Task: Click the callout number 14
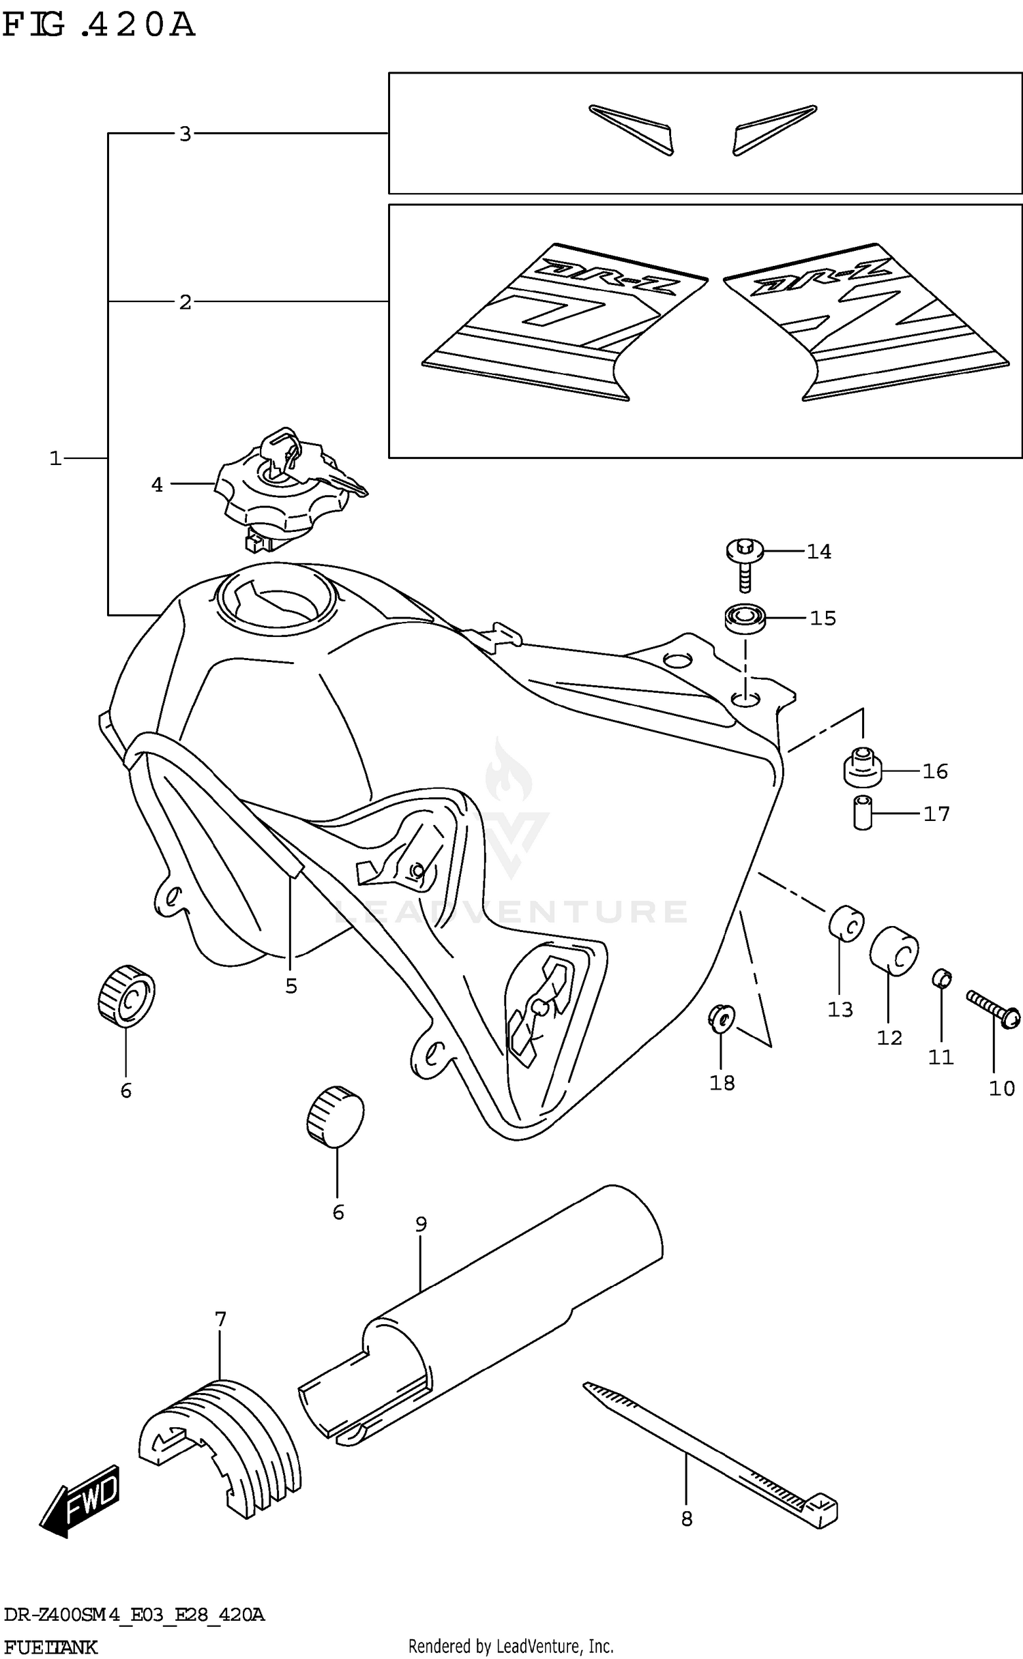point(819,552)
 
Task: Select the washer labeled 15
point(745,618)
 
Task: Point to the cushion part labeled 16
point(863,769)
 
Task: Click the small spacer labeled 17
point(863,812)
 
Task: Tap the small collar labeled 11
point(941,978)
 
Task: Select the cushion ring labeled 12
point(893,951)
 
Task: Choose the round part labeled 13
point(846,923)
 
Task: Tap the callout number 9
point(421,1225)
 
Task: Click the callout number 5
point(291,986)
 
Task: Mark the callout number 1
point(55,459)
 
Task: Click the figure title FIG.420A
point(99,26)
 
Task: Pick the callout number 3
point(185,134)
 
